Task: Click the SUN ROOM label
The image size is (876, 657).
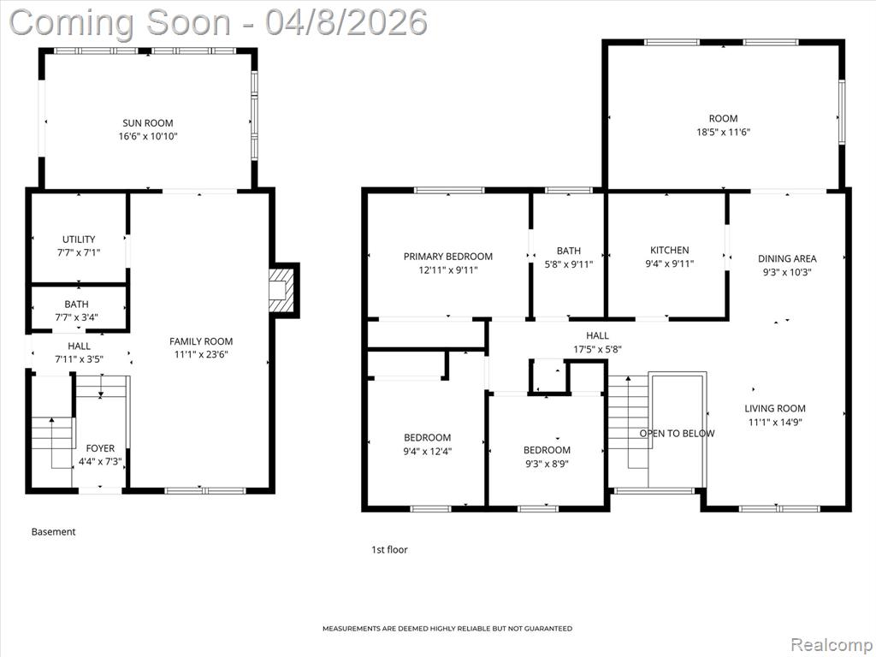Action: (x=148, y=123)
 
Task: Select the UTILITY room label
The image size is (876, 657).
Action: (x=79, y=240)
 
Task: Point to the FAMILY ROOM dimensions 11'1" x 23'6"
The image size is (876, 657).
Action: (x=201, y=354)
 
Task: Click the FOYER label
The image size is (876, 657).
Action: (x=101, y=448)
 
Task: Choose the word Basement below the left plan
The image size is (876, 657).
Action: (x=54, y=532)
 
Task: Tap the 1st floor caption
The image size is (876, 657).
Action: (x=389, y=550)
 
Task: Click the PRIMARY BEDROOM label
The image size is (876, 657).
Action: (x=448, y=257)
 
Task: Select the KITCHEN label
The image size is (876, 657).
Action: (x=669, y=250)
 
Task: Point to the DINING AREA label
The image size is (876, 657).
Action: (x=787, y=258)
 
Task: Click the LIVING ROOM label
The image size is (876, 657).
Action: (x=775, y=408)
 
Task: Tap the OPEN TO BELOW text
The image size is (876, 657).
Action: (x=678, y=434)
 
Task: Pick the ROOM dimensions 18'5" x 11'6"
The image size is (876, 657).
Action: (x=723, y=132)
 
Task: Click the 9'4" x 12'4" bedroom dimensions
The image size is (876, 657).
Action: (x=428, y=451)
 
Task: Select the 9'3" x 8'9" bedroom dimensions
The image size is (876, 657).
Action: (x=547, y=464)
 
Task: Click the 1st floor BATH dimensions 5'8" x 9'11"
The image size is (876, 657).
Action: (x=569, y=264)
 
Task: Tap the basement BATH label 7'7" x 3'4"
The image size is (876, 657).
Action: (x=76, y=311)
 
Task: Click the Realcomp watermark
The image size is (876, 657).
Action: (x=830, y=644)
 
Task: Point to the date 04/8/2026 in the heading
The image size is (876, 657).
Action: (x=346, y=22)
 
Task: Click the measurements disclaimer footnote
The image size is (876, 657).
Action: (x=447, y=629)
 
